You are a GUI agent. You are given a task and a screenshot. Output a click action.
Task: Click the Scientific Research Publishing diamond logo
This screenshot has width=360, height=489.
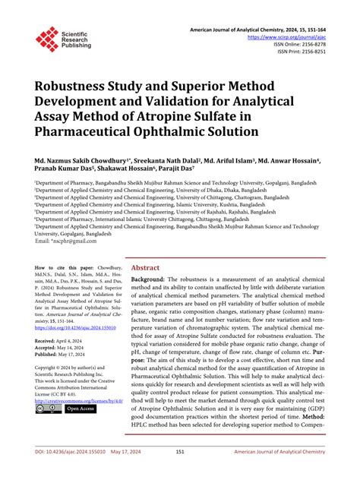click(47, 39)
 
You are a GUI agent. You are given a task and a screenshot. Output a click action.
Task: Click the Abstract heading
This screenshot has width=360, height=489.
click(145, 268)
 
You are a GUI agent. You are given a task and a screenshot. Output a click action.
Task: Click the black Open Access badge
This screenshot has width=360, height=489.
click(81, 409)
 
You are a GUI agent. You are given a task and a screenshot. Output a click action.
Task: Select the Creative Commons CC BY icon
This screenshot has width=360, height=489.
click(47, 409)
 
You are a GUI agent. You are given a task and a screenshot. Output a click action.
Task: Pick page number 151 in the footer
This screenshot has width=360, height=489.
click(181, 472)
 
